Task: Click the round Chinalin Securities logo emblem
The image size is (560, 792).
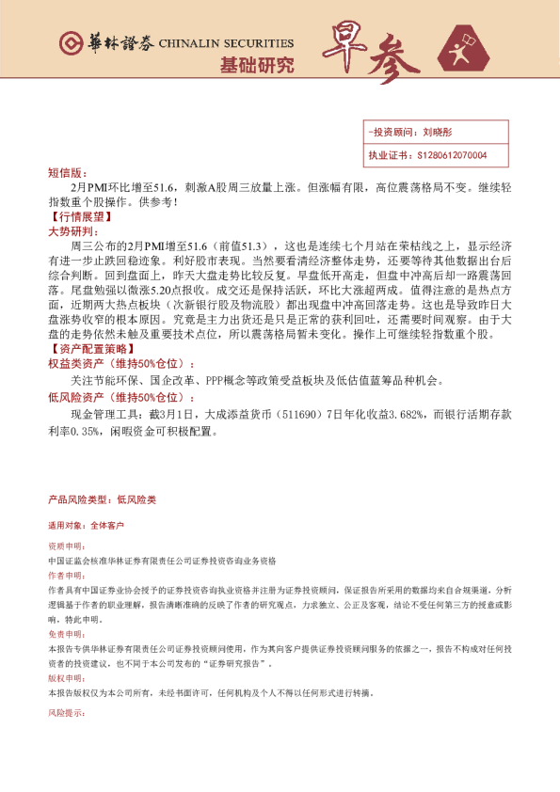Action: (x=71, y=44)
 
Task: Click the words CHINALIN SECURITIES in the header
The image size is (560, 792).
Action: (x=226, y=44)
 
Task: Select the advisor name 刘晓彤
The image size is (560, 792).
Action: (x=439, y=134)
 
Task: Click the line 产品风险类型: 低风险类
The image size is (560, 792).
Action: (x=102, y=499)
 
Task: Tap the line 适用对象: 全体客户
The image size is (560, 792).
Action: (x=86, y=526)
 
